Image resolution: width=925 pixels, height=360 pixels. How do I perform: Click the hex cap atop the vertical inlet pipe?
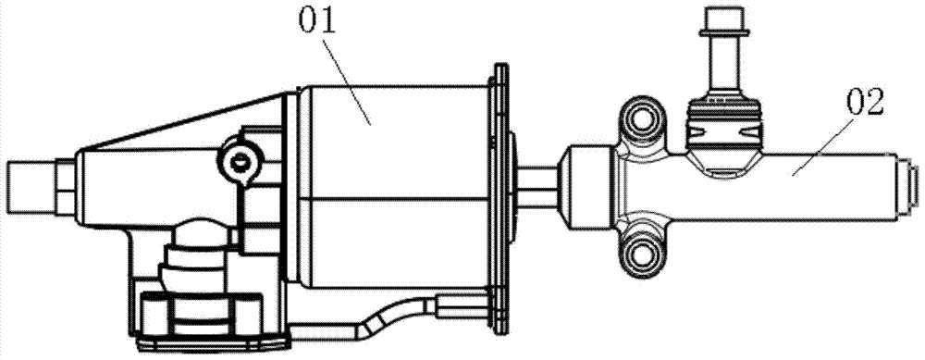[723, 20]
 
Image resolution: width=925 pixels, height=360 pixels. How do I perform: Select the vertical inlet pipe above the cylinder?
[723, 65]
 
